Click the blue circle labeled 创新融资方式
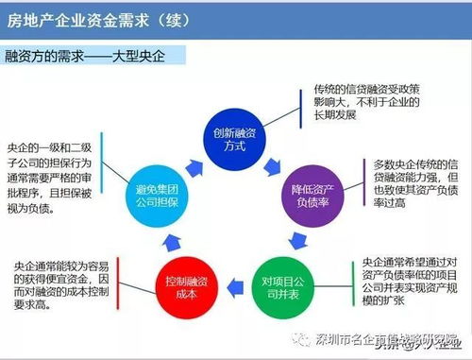coord(235,140)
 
